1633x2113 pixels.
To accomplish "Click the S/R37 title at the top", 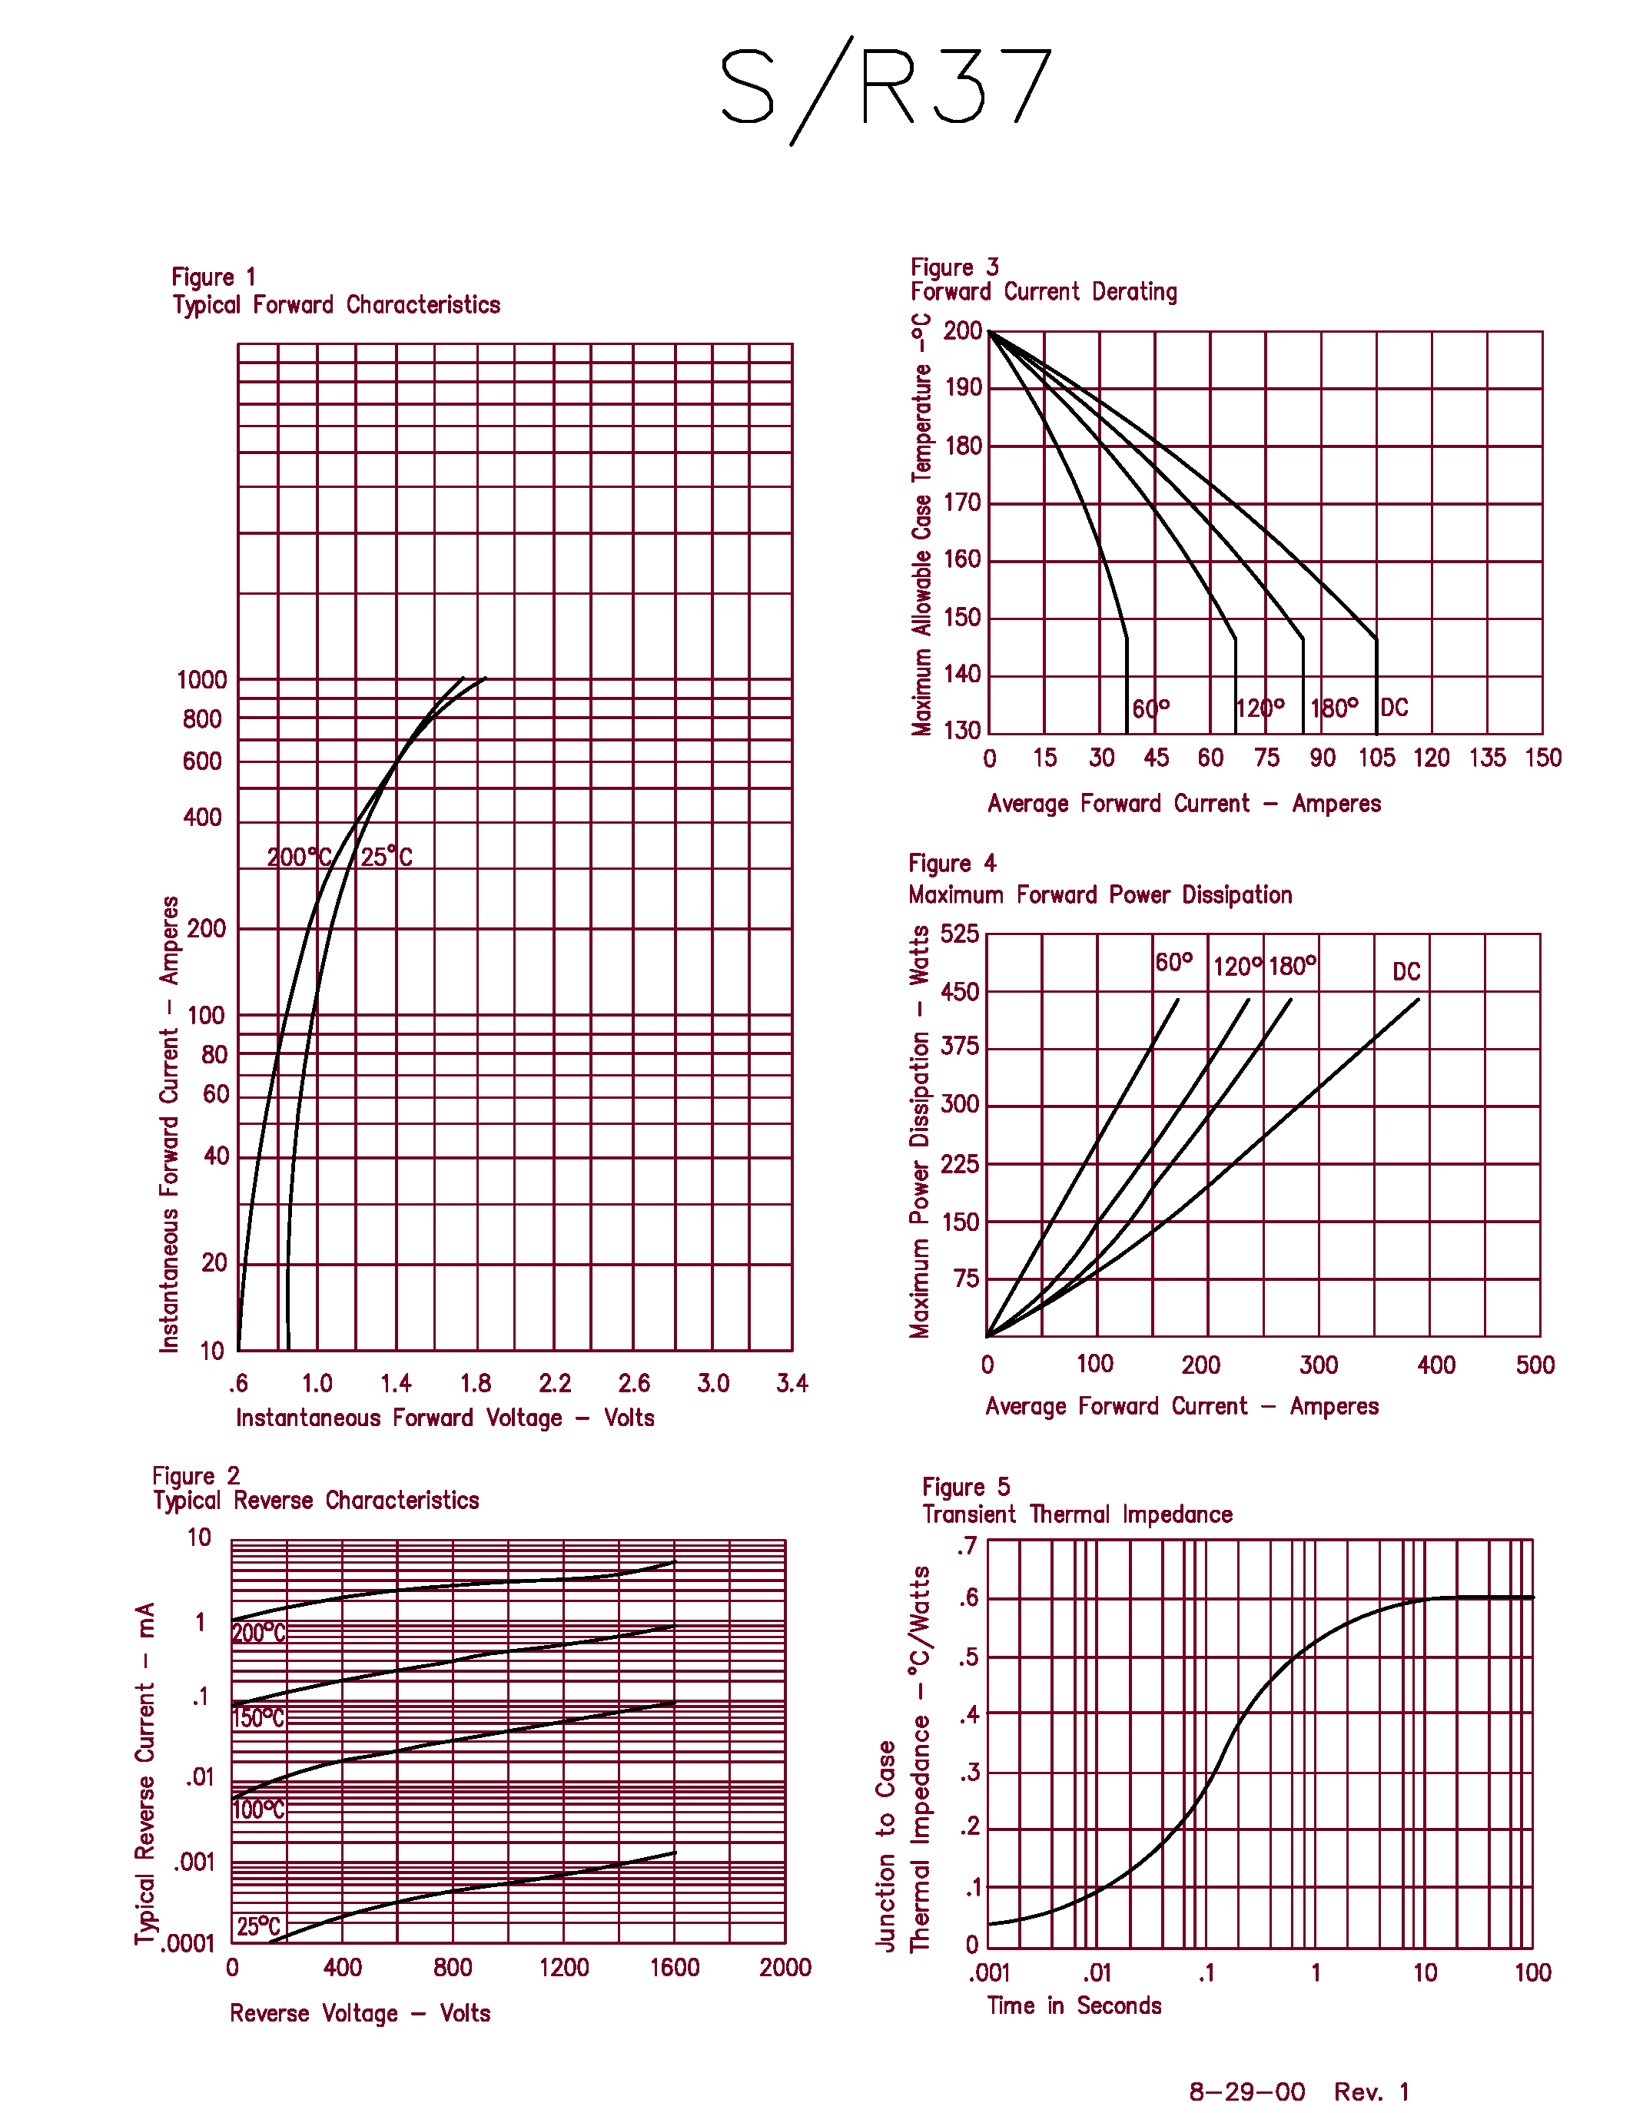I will (x=885, y=89).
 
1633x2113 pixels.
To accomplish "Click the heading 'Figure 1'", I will (x=214, y=277).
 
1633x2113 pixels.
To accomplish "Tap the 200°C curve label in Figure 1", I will (x=299, y=857).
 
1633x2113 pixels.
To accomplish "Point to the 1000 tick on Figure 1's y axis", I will (x=201, y=680).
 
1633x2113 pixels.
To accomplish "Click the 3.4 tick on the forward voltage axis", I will (x=792, y=1384).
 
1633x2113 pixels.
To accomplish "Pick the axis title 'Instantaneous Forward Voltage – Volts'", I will (x=445, y=1418).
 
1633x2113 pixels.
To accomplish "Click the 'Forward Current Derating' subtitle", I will (x=1043, y=292).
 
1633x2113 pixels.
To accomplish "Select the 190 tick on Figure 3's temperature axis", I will (x=963, y=388).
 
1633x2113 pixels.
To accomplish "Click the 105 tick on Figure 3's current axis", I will (x=1376, y=758).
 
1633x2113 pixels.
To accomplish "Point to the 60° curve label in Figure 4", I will (x=1173, y=963).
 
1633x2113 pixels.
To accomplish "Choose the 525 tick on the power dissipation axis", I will (x=960, y=934).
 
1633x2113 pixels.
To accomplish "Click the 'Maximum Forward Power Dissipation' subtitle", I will (x=1100, y=895).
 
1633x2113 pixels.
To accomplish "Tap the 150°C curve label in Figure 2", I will (x=258, y=1718).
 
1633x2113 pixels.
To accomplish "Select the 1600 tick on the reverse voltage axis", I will (x=674, y=1967).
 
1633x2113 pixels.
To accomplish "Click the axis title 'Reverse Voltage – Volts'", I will (x=360, y=2013).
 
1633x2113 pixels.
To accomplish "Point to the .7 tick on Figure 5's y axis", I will (x=968, y=1546).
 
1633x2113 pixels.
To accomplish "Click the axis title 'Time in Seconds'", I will (x=1074, y=2005).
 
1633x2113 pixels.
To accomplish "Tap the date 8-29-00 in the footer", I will (x=1247, y=2091).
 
